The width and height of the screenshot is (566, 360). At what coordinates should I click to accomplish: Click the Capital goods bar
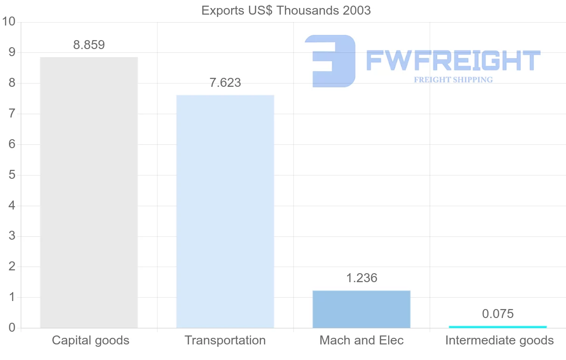pyautogui.click(x=89, y=193)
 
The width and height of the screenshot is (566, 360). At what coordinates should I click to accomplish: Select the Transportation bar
pyautogui.click(x=225, y=211)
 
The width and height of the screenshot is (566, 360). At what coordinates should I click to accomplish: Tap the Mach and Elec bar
pyautogui.click(x=361, y=309)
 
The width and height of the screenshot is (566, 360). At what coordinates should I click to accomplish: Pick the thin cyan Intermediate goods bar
pyautogui.click(x=498, y=327)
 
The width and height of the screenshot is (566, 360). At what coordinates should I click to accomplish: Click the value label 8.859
pyautogui.click(x=89, y=45)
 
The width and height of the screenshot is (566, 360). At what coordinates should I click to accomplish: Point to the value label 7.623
pyautogui.click(x=225, y=83)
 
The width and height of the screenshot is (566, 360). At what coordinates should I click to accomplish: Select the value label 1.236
pyautogui.click(x=361, y=278)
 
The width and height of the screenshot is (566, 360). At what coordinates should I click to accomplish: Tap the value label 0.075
pyautogui.click(x=498, y=314)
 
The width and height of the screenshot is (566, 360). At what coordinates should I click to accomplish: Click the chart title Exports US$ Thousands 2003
pyautogui.click(x=286, y=10)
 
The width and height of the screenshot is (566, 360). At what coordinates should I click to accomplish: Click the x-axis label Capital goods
pyautogui.click(x=91, y=340)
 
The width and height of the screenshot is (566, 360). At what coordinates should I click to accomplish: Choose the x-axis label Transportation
pyautogui.click(x=225, y=340)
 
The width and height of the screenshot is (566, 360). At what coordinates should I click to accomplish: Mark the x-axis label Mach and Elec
pyautogui.click(x=361, y=340)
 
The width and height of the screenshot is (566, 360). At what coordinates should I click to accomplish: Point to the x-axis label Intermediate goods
pyautogui.click(x=499, y=340)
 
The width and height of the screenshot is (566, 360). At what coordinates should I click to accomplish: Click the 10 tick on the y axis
pyautogui.click(x=9, y=22)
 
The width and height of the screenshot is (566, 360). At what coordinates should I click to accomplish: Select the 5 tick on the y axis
pyautogui.click(x=12, y=175)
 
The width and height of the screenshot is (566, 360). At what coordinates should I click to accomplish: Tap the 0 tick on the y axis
pyautogui.click(x=12, y=328)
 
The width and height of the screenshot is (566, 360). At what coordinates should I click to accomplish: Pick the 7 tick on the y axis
pyautogui.click(x=12, y=114)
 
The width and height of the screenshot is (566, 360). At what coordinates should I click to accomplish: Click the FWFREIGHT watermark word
pyautogui.click(x=453, y=60)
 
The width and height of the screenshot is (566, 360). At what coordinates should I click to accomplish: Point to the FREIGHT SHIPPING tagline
pyautogui.click(x=453, y=80)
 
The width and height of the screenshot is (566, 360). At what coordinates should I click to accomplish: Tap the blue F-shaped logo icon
pyautogui.click(x=330, y=60)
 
